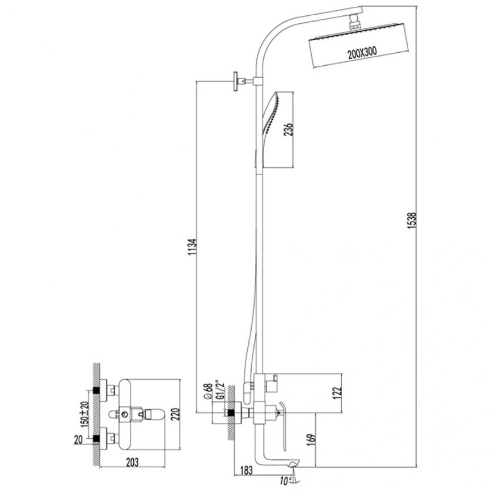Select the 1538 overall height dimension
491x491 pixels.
[413, 221]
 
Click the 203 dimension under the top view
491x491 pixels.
[132, 462]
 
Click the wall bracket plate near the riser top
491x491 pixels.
[235, 82]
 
